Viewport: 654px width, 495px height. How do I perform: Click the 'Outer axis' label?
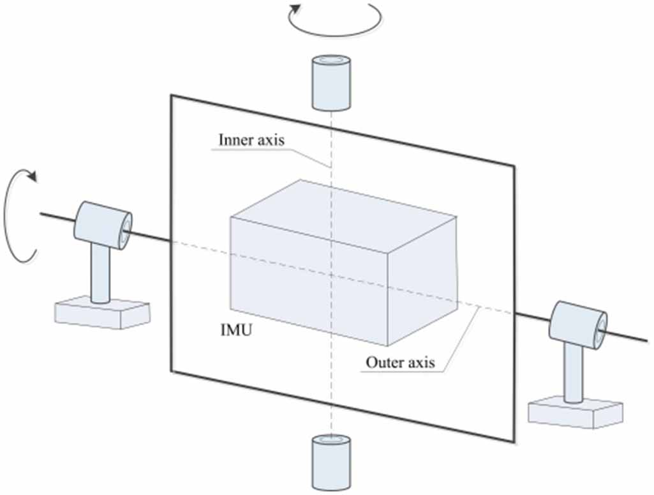400,363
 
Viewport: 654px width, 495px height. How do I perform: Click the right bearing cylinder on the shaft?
578,324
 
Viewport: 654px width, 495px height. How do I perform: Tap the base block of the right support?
576,412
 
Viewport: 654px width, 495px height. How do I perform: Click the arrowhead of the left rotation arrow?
31,175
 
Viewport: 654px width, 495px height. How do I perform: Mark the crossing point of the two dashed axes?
331,275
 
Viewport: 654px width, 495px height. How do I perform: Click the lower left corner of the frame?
171,370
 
